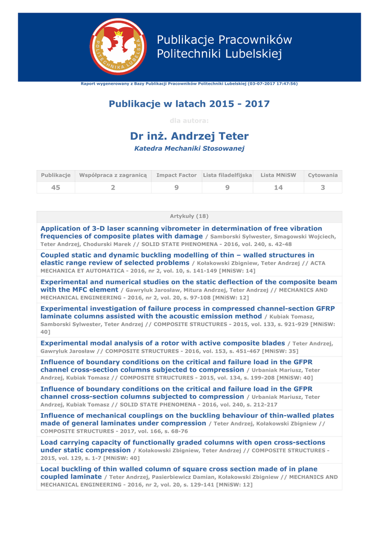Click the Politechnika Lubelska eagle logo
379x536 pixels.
point(118,47)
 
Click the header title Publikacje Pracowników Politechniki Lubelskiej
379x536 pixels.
point(224,47)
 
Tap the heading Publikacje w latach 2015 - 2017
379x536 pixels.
point(189,104)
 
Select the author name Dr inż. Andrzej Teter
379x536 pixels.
point(189,136)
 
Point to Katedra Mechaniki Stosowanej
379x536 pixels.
point(189,149)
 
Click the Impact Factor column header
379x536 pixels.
point(176,175)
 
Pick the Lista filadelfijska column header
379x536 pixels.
point(227,175)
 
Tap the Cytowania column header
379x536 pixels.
point(323,175)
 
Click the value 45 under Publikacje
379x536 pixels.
point(55,187)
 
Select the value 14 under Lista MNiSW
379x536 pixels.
point(278,187)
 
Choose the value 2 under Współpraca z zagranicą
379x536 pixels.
point(112,187)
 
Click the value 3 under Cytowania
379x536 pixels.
point(323,187)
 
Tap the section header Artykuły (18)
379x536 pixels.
point(189,216)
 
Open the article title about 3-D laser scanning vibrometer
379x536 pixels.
point(181,229)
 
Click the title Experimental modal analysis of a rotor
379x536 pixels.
point(162,343)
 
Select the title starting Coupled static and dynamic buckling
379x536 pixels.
point(177,255)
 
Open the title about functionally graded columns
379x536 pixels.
point(182,443)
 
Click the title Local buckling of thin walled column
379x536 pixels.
point(179,470)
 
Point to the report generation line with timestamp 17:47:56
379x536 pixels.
point(189,84)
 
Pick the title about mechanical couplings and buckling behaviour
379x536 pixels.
point(187,416)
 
